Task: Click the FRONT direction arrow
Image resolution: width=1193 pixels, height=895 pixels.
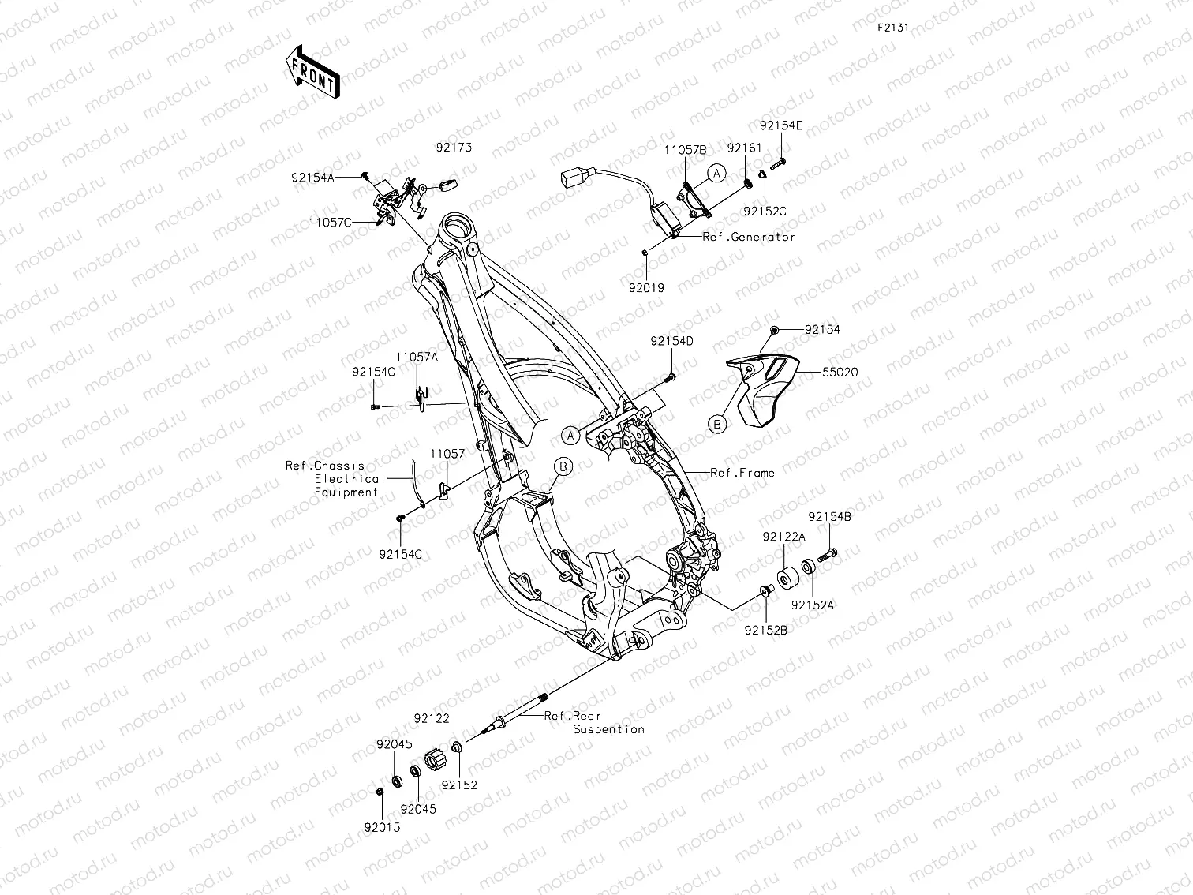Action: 313,71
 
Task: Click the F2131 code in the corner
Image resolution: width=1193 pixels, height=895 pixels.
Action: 893,27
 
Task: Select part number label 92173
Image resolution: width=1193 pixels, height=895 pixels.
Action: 454,148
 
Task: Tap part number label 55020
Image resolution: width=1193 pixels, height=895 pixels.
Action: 840,372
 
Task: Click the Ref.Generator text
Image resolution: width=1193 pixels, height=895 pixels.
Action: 749,237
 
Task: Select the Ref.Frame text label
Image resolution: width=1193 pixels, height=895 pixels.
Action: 742,473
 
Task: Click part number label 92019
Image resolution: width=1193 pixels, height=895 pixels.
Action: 646,288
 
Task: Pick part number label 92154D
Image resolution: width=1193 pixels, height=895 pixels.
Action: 671,341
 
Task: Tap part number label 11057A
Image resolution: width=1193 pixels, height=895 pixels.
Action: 417,357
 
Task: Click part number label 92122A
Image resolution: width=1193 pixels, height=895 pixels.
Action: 783,537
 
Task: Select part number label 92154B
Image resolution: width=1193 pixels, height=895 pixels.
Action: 829,517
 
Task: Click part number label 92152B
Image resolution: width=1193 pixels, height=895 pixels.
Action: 765,630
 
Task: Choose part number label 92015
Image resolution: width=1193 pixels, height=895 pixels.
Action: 382,827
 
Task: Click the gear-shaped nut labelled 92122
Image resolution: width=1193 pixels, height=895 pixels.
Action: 436,761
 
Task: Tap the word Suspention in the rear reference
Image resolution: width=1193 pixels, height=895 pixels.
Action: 608,729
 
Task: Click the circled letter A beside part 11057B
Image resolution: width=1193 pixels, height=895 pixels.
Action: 716,174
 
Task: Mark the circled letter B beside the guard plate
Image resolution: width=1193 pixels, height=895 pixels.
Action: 717,425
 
